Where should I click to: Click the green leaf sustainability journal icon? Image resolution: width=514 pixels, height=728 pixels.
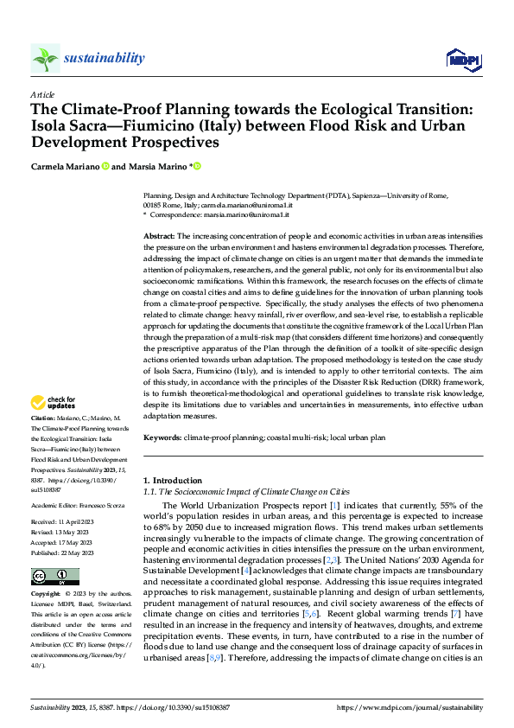tap(45, 58)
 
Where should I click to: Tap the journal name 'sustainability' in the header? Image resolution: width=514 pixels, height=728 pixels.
tap(104, 58)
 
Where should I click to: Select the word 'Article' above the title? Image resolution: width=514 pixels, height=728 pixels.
tap(42, 94)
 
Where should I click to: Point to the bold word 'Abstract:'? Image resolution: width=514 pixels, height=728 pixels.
tap(159, 236)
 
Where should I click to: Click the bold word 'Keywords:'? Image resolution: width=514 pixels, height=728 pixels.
tap(162, 438)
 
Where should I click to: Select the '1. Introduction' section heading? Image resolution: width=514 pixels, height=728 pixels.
tap(171, 480)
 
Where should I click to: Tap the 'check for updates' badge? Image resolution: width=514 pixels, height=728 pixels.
tap(53, 404)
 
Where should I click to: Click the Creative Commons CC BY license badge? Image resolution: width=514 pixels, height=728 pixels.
tap(54, 577)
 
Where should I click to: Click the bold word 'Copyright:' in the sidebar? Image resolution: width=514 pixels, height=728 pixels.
tap(47, 595)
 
